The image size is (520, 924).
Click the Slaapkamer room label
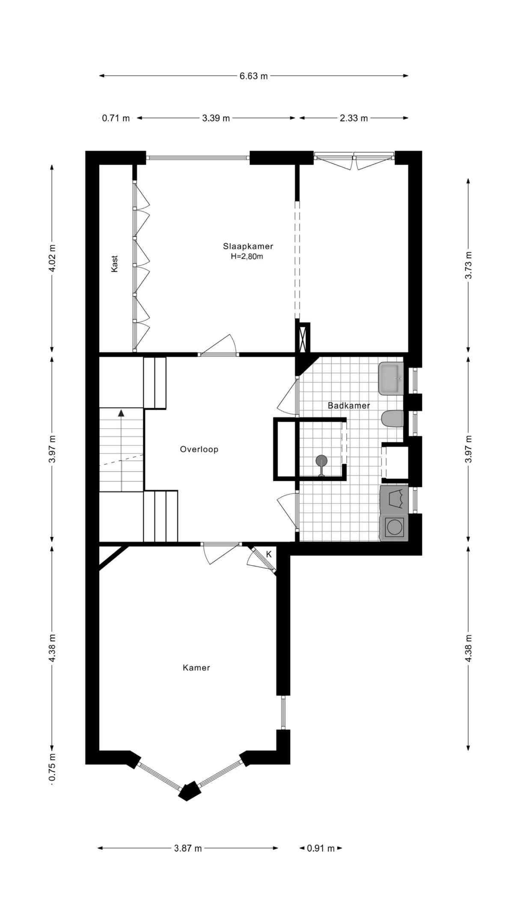(x=248, y=246)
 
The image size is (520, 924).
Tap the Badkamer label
(x=349, y=405)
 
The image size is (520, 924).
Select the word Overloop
(x=199, y=449)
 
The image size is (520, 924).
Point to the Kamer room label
(x=196, y=667)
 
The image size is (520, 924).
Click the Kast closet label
(x=114, y=264)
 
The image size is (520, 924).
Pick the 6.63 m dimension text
(x=254, y=76)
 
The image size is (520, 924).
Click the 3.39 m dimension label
(x=216, y=118)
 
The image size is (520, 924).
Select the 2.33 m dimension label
(x=354, y=118)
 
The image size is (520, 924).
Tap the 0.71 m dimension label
(x=116, y=118)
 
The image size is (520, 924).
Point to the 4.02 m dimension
(x=52, y=258)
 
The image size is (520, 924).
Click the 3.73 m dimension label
(x=469, y=265)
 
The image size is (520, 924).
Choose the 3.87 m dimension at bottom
(x=188, y=848)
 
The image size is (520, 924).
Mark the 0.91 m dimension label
(x=321, y=848)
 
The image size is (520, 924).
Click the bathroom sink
(x=391, y=379)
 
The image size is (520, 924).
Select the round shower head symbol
(x=321, y=460)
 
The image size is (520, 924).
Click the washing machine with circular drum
(x=394, y=527)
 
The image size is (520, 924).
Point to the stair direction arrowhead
(x=122, y=413)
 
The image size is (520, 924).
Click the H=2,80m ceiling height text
(x=247, y=257)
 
